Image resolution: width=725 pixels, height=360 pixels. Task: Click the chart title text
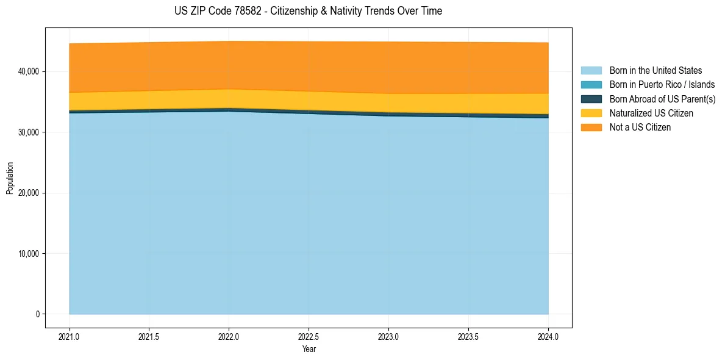[308, 11]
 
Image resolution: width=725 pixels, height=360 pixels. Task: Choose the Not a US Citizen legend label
[640, 128]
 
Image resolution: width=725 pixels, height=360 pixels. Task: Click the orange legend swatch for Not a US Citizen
[591, 128]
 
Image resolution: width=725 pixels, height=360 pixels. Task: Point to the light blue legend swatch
[591, 71]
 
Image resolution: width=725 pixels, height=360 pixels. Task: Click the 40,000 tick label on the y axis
[28, 72]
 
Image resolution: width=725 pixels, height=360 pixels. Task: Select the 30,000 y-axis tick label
[28, 132]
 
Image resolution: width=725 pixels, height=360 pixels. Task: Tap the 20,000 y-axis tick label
[28, 193]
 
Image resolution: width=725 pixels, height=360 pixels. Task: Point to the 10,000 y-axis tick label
[28, 254]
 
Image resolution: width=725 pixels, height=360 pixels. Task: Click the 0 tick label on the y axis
[37, 314]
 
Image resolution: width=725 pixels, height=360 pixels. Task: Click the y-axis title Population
[10, 178]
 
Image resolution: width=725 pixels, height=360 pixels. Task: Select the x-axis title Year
[309, 350]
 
